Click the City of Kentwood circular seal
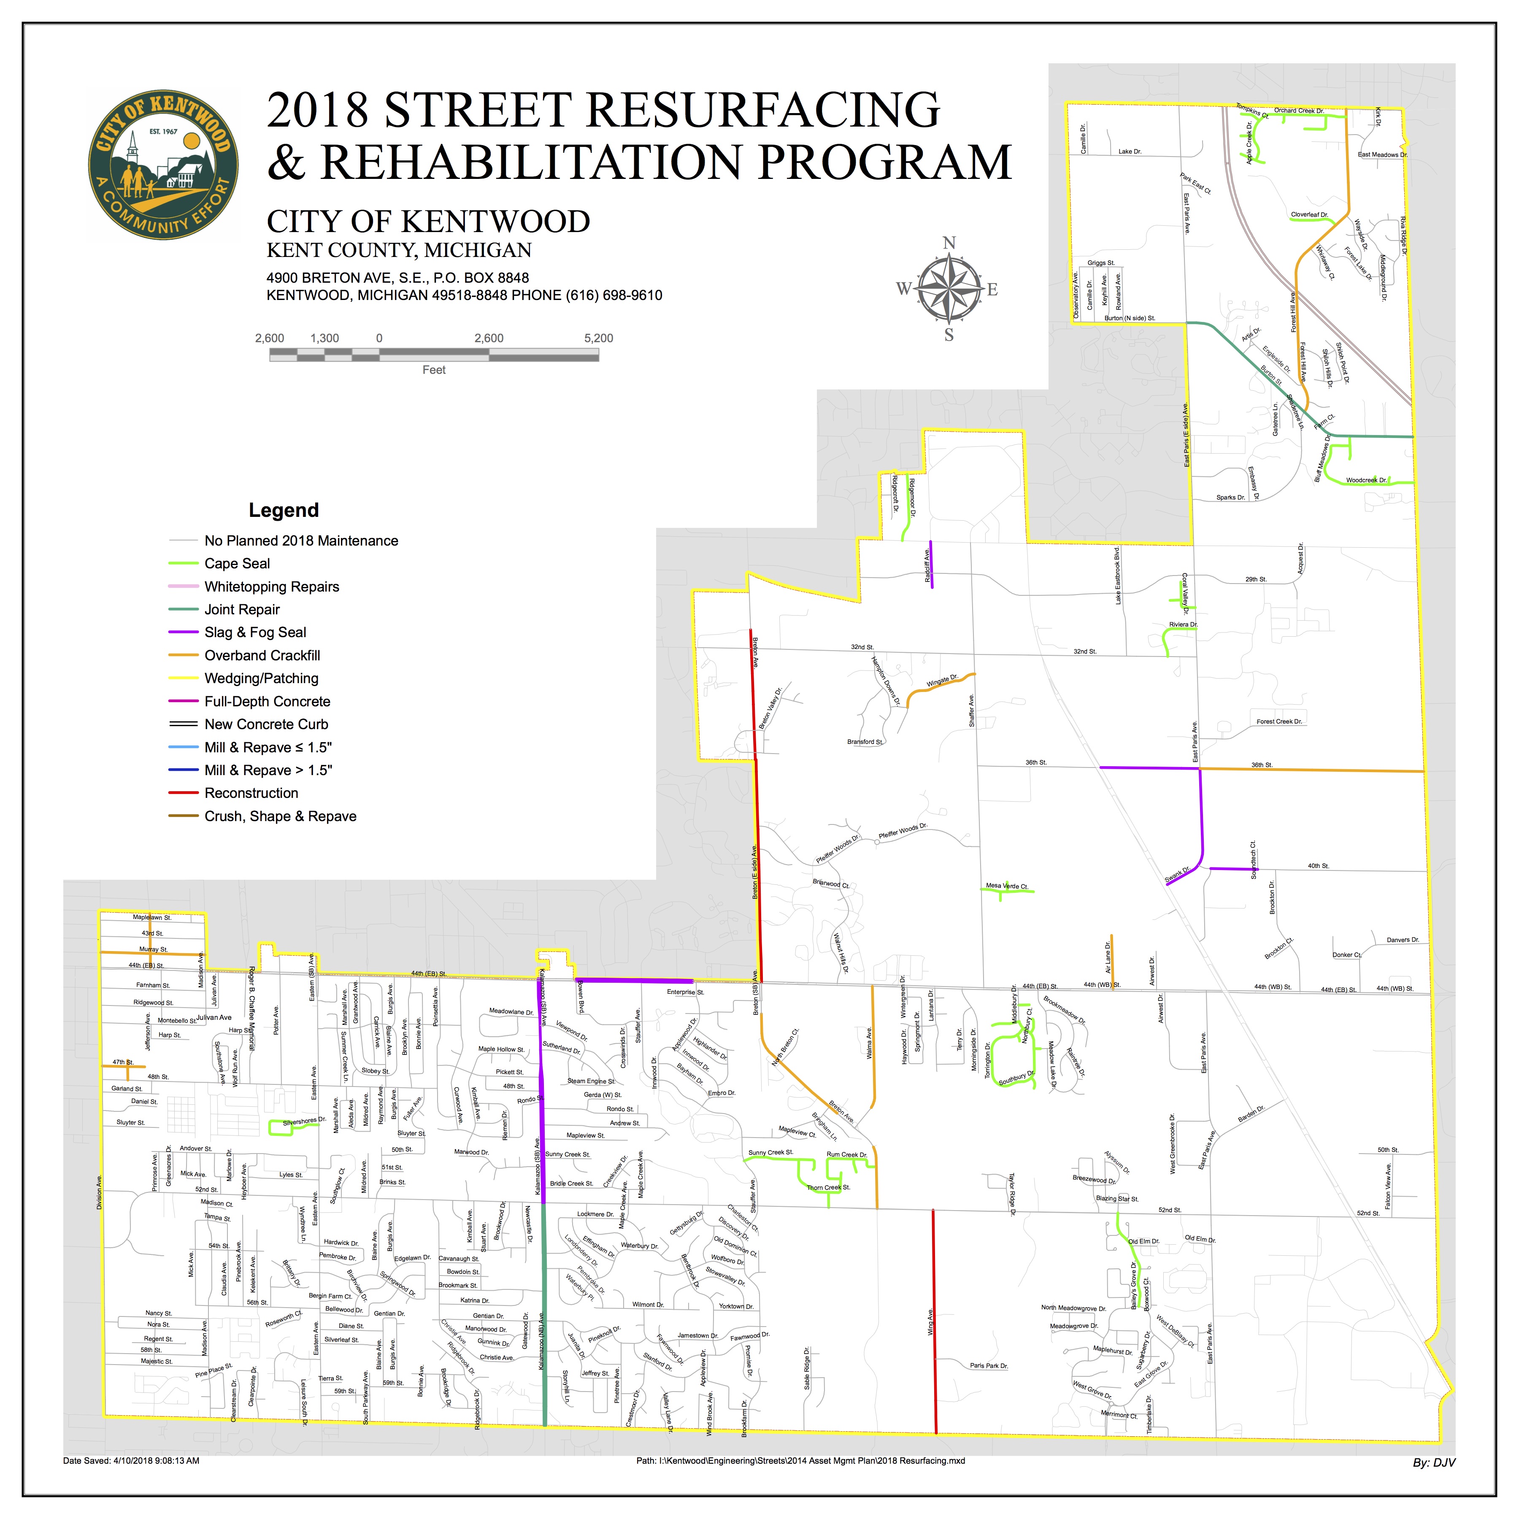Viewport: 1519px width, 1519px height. (x=163, y=165)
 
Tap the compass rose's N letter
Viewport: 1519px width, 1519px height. (x=949, y=243)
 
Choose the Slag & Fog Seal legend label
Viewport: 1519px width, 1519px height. (x=255, y=632)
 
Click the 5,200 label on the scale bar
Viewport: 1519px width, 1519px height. (x=598, y=338)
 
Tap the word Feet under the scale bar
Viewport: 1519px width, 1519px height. (x=434, y=370)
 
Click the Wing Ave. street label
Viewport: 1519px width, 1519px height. (x=930, y=1322)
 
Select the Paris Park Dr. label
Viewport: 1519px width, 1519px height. (x=988, y=1366)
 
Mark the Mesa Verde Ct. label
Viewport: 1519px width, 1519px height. (x=1007, y=886)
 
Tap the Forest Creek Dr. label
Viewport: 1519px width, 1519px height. (x=1279, y=721)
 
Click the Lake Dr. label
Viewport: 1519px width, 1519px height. (x=1130, y=151)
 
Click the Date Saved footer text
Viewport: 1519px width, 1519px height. (x=131, y=1461)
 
